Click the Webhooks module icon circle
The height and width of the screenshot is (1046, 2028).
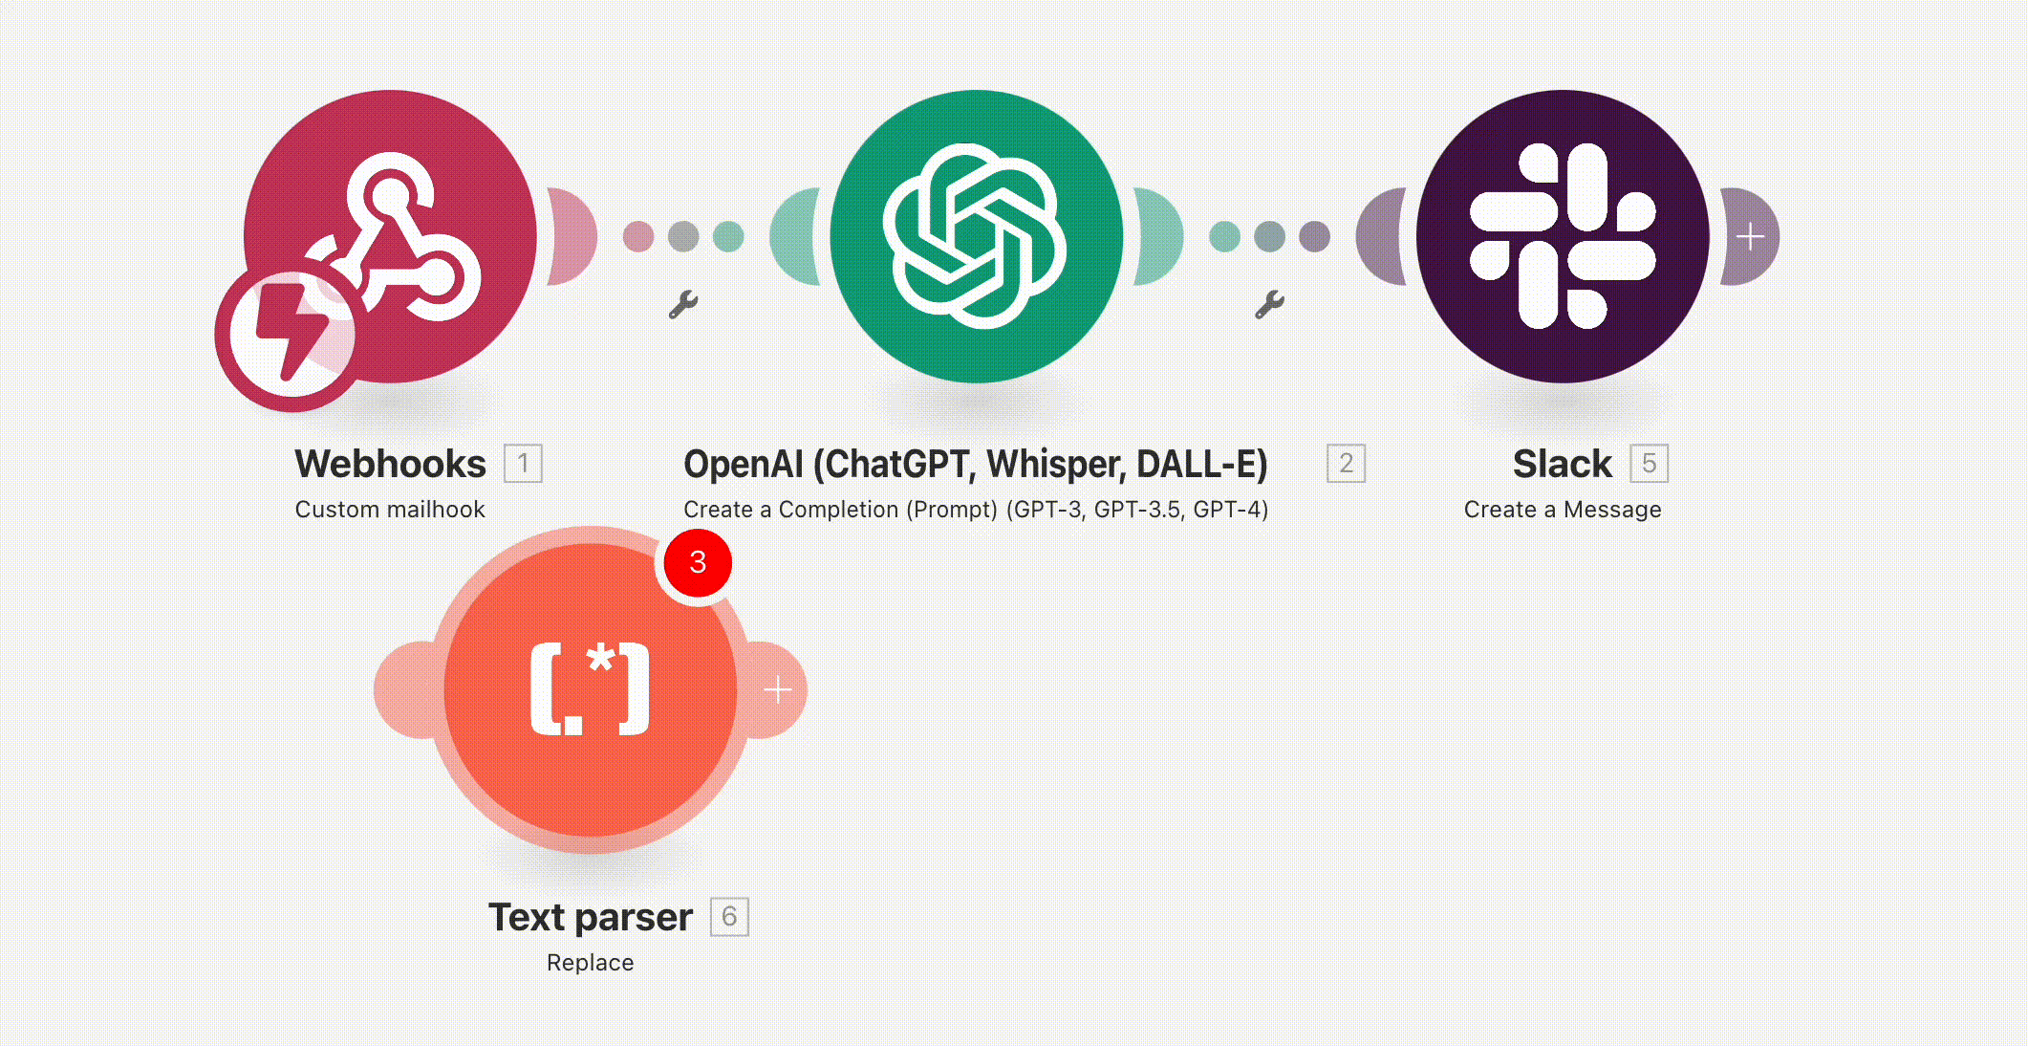pyautogui.click(x=390, y=236)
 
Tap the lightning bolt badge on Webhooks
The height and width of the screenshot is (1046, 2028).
pyautogui.click(x=291, y=336)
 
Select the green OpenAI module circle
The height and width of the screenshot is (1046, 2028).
pyautogui.click(x=977, y=236)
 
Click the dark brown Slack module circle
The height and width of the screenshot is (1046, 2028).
pyautogui.click(x=1563, y=236)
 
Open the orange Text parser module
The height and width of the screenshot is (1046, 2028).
pyautogui.click(x=591, y=689)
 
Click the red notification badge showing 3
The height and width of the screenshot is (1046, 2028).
pyautogui.click(x=698, y=562)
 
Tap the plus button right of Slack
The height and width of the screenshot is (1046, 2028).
pyautogui.click(x=1750, y=236)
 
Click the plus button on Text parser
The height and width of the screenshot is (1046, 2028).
pyautogui.click(x=778, y=689)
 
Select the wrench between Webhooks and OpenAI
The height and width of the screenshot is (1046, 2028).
pyautogui.click(x=683, y=305)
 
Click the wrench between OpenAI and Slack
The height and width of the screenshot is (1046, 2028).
pyautogui.click(x=1269, y=305)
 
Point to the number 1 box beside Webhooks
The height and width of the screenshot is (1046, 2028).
pyautogui.click(x=523, y=464)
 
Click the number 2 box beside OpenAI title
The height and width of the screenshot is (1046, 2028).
pyautogui.click(x=1346, y=464)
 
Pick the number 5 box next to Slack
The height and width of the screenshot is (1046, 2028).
pyautogui.click(x=1649, y=464)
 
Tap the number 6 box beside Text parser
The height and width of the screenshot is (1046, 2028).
pyautogui.click(x=729, y=917)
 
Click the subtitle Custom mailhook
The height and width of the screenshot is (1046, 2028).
pyautogui.click(x=390, y=510)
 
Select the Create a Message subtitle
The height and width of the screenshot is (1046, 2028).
pyautogui.click(x=1563, y=510)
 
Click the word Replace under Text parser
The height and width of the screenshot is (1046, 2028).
pyautogui.click(x=591, y=963)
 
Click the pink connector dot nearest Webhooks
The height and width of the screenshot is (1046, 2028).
pyautogui.click(x=638, y=236)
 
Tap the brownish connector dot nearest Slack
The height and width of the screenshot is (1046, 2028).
pyautogui.click(x=1315, y=236)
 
